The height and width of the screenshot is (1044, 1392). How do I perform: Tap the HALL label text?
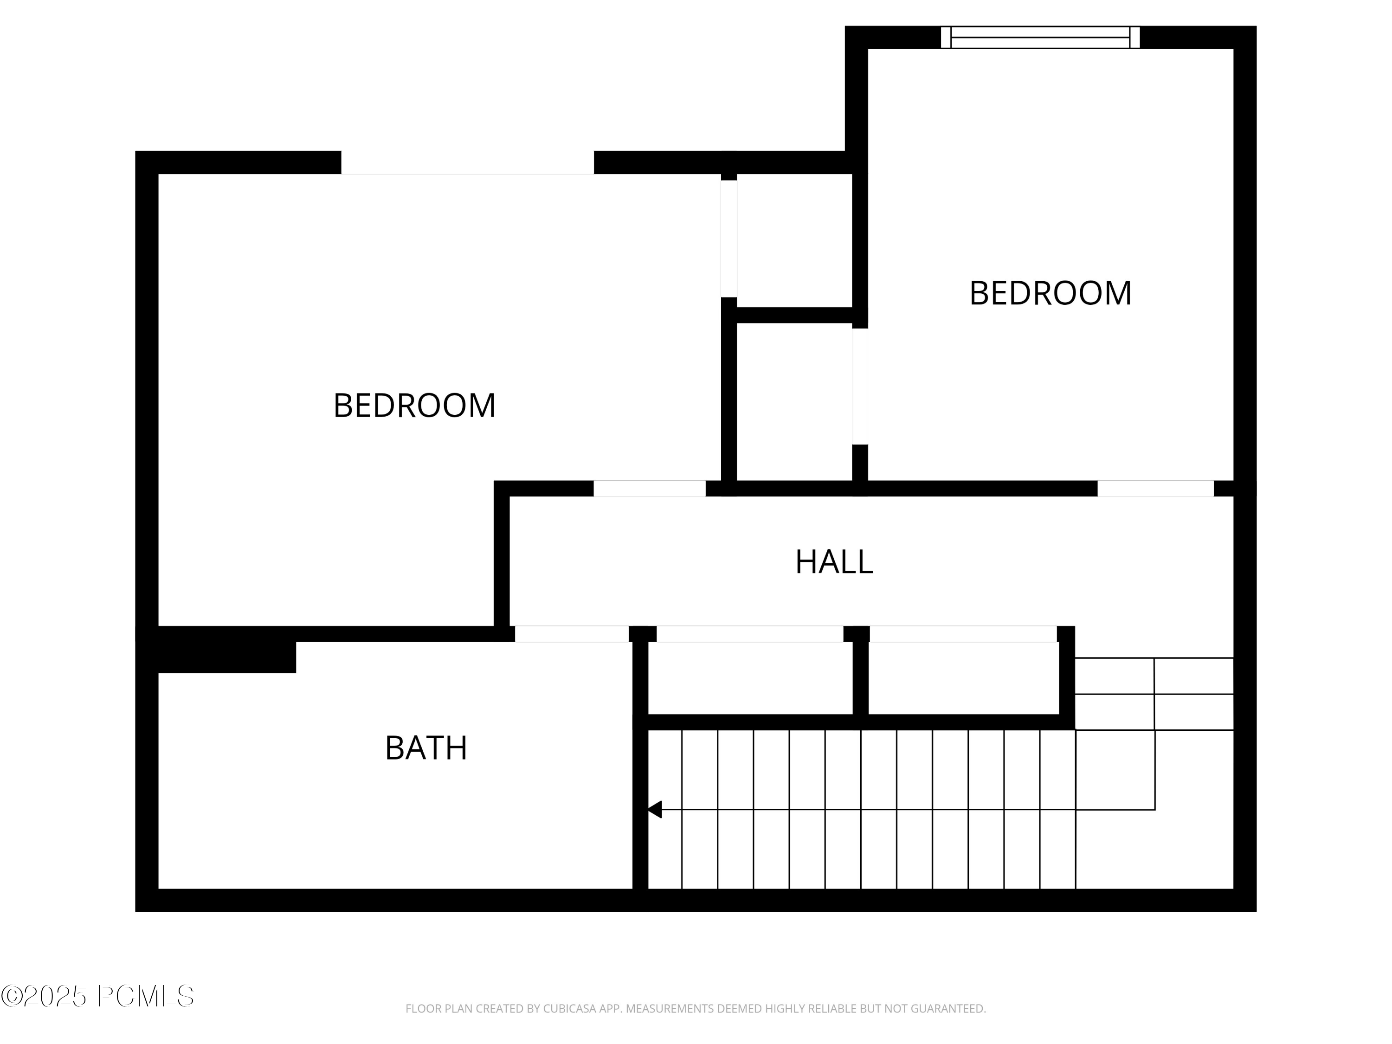(x=834, y=562)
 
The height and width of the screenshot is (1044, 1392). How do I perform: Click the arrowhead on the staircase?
(x=655, y=809)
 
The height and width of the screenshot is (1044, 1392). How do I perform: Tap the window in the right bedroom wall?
(x=1040, y=37)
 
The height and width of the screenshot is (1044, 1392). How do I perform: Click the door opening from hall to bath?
(x=571, y=634)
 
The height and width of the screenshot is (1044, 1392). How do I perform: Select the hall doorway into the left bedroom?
(x=650, y=488)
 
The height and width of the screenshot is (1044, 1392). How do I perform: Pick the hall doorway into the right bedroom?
(x=1155, y=488)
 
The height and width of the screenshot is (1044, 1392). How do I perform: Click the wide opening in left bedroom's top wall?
(x=467, y=163)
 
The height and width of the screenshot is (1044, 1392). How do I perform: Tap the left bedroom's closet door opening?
(x=729, y=238)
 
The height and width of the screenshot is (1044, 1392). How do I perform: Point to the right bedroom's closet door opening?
(x=860, y=387)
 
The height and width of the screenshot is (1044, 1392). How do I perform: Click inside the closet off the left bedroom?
(x=794, y=240)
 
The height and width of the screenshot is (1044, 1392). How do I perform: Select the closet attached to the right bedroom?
(x=794, y=401)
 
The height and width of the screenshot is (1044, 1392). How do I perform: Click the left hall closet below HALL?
(x=750, y=678)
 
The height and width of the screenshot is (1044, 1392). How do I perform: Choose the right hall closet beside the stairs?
(x=963, y=678)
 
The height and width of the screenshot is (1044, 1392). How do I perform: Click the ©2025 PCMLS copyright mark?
(x=97, y=996)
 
